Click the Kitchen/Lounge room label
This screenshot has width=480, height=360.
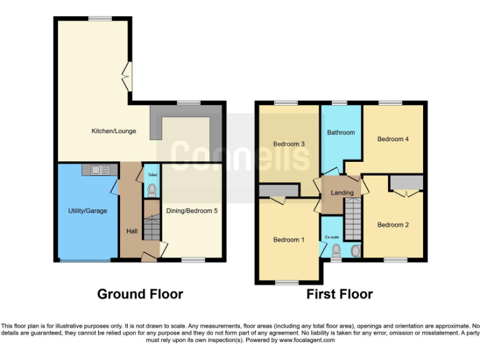click(x=114, y=131)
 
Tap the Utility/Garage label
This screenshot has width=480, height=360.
click(x=87, y=211)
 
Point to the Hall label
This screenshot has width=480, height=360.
click(x=132, y=231)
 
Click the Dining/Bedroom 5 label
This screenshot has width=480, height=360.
click(x=192, y=211)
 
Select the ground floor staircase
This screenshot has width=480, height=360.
click(x=152, y=228)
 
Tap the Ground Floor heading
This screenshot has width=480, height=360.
click(x=140, y=294)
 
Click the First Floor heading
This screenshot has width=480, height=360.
click(x=339, y=294)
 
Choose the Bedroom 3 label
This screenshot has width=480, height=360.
click(x=289, y=144)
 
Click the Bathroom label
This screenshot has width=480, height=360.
click(x=341, y=132)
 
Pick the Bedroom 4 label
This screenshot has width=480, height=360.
click(x=393, y=139)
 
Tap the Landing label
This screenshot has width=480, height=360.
click(x=342, y=192)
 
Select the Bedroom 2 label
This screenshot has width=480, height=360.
click(x=393, y=225)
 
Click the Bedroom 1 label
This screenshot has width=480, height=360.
click(x=289, y=239)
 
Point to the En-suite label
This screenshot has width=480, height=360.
click(x=331, y=237)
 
